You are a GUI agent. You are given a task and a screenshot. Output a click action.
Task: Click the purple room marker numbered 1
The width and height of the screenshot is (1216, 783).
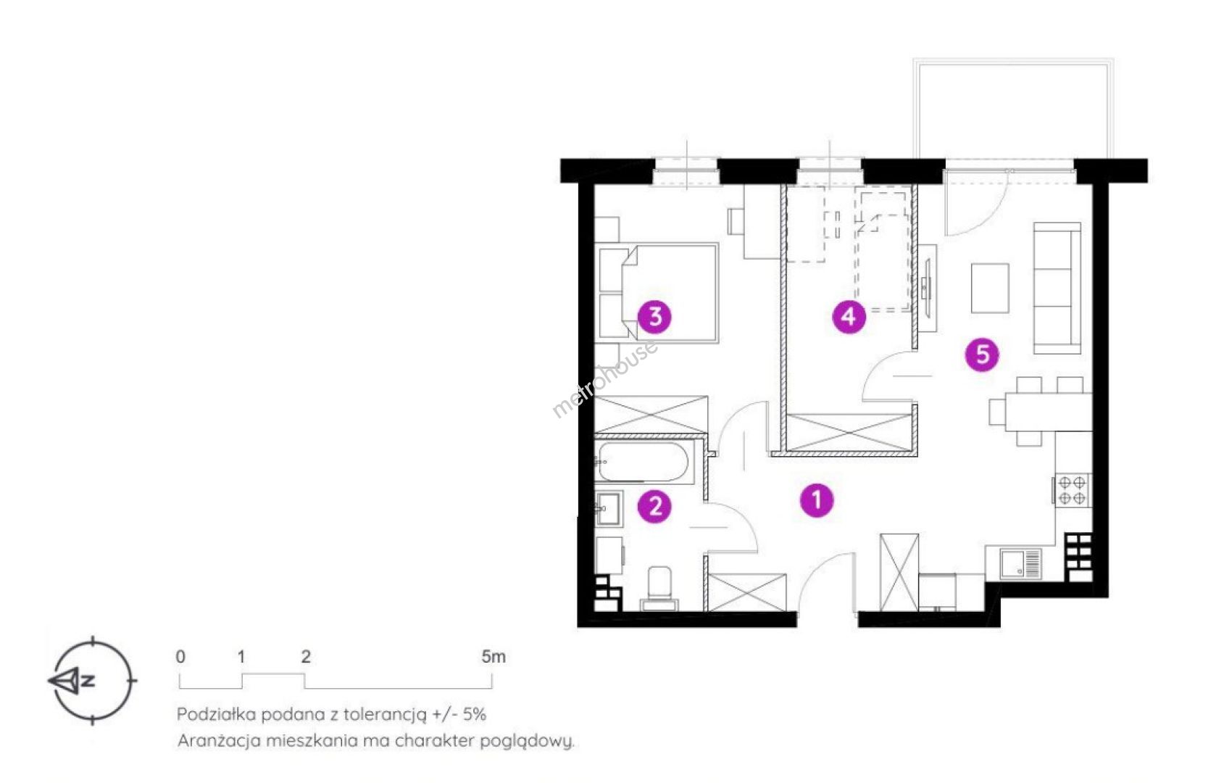[x=817, y=500]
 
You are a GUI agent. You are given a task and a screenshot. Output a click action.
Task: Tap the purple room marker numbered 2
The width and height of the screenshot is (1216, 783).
[x=655, y=506]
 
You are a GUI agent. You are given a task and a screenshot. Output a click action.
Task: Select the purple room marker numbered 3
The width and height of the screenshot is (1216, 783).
[x=654, y=316]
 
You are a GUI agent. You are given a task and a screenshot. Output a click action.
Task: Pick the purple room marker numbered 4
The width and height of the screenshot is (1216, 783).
[x=849, y=316]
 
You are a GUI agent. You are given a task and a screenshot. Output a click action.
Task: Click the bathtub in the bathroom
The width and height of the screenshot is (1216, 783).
[x=644, y=462]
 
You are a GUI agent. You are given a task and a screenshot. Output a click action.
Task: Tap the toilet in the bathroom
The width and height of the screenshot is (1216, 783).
[x=659, y=589]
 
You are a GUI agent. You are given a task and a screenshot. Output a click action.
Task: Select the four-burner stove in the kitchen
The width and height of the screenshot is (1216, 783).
[x=1072, y=490]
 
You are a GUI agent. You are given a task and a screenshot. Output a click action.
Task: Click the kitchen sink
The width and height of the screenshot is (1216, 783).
[x=1020, y=563]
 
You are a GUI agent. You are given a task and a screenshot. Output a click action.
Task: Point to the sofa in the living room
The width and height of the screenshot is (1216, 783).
[x=1057, y=288]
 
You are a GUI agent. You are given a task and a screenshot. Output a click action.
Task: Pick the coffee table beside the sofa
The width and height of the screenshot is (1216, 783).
[x=990, y=288]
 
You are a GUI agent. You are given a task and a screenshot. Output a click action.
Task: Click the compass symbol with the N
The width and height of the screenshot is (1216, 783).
[x=92, y=680]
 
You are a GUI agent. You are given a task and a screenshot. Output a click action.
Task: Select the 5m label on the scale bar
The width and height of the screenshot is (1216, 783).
[x=494, y=656]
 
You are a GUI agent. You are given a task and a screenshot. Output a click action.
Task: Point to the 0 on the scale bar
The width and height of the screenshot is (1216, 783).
[x=180, y=656]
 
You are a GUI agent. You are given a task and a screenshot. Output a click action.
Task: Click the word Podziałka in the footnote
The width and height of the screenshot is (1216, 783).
[x=217, y=714]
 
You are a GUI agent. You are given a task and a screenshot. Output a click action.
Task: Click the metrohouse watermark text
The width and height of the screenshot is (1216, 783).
[x=605, y=378]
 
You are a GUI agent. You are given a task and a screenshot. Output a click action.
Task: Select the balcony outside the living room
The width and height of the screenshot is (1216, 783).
[x=1013, y=109]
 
